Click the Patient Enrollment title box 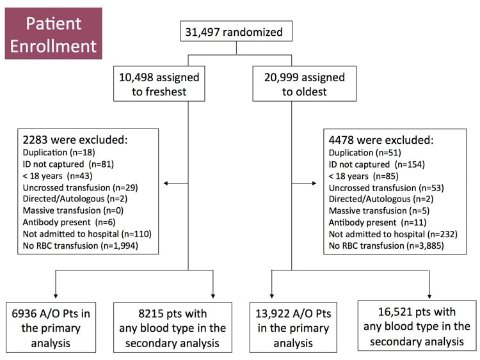click(x=53, y=34)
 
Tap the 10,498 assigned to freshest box click(x=159, y=84)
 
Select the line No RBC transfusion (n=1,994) click(x=81, y=245)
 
